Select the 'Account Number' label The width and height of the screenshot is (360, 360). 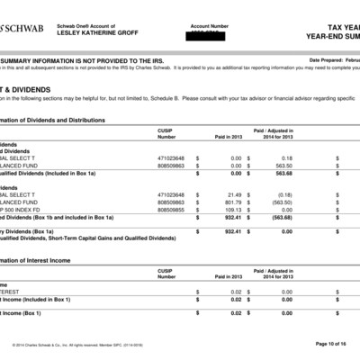[210, 25]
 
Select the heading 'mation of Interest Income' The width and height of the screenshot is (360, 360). [40, 259]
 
